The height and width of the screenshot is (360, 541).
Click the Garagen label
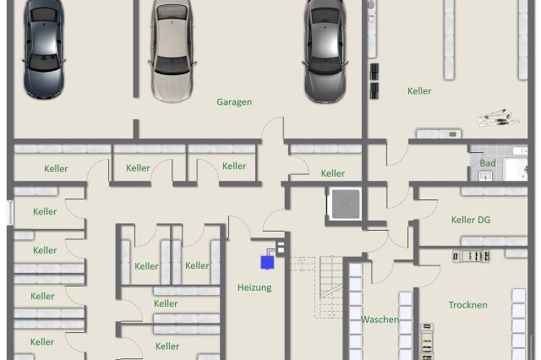[234, 102]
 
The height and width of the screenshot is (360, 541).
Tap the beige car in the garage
[172, 50]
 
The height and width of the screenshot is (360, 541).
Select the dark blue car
[44, 48]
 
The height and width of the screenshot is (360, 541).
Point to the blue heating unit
[267, 263]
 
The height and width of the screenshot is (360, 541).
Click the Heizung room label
[254, 287]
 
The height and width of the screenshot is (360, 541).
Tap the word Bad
[488, 163]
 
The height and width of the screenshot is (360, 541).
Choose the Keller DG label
[471, 220]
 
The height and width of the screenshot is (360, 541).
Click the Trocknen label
[467, 305]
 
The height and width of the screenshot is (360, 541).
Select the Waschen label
[380, 319]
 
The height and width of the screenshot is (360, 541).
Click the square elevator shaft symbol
[346, 204]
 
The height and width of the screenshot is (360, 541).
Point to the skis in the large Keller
[498, 117]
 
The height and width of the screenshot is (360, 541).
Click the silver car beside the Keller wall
[325, 51]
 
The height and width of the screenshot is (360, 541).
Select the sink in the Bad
[486, 177]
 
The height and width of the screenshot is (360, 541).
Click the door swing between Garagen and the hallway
[273, 128]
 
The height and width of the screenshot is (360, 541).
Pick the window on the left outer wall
[10, 212]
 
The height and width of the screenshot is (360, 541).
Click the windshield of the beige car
[172, 65]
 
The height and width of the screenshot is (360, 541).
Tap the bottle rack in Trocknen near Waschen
[427, 341]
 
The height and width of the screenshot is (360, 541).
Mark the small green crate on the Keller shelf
[452, 134]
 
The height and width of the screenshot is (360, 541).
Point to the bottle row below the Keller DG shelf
[472, 256]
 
